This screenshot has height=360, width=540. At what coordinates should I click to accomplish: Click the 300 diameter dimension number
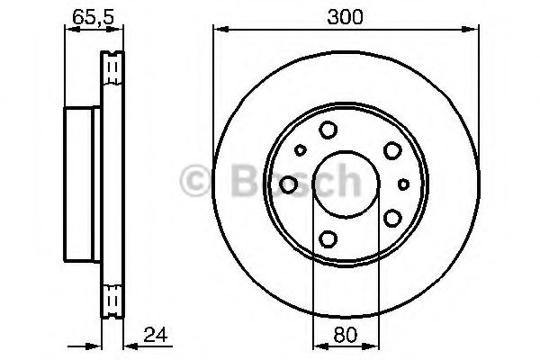[345, 17]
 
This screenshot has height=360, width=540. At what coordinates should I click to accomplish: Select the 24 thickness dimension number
[156, 335]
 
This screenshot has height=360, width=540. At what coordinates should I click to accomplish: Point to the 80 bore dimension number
[346, 335]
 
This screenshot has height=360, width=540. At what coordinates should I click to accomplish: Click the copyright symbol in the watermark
[194, 181]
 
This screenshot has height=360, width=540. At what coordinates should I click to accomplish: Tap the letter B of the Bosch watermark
[247, 181]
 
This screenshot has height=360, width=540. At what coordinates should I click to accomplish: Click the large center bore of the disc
[346, 184]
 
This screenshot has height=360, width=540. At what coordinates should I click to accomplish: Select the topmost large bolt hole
[328, 130]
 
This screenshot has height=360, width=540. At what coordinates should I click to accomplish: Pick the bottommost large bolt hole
[328, 238]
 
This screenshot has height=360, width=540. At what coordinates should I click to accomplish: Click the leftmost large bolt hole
[288, 184]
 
